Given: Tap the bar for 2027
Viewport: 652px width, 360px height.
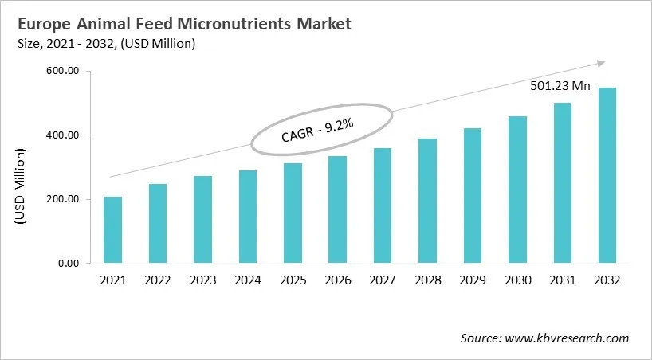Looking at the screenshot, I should tap(383, 205).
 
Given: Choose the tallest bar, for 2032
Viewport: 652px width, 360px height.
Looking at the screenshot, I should tap(607, 175).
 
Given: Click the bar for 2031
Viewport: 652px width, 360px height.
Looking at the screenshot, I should tap(562, 182).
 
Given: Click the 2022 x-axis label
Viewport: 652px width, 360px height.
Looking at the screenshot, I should tap(158, 280).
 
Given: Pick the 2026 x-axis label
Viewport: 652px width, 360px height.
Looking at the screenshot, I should tap(337, 280).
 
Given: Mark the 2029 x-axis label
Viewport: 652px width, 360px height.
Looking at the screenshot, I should tap(472, 280).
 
